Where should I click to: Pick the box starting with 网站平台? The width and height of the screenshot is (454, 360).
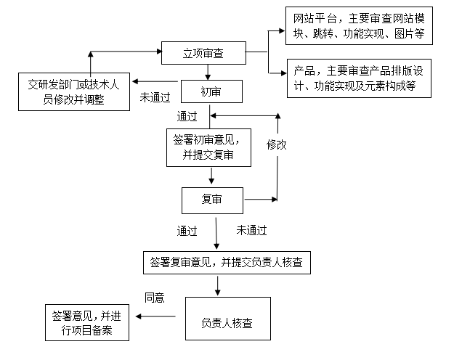coord(358,26)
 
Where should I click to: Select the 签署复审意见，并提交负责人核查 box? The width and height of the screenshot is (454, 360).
coord(227,263)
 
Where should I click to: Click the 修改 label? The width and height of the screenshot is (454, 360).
coord(276,144)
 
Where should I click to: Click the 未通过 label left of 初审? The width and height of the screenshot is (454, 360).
coord(155,97)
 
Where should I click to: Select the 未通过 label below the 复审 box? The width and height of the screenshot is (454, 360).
coord(252,231)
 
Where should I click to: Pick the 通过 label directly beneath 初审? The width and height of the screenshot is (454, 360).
coord(187,116)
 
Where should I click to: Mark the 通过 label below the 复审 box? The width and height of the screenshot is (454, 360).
coord(187,232)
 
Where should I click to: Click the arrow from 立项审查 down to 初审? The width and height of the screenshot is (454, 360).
coord(209,72)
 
